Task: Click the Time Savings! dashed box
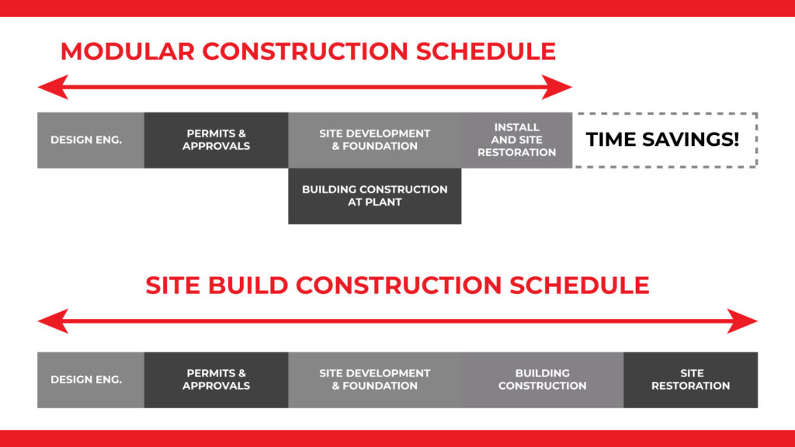tap(664, 140)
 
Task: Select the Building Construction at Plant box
tap(374, 196)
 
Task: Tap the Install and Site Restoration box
tap(516, 140)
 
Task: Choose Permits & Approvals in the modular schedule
tap(216, 140)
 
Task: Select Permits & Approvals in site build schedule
tap(216, 379)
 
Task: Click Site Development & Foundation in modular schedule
tap(374, 140)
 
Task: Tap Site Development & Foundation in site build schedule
tap(374, 379)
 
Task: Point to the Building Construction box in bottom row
tap(542, 379)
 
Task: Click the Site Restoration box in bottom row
tap(690, 379)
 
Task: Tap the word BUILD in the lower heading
tap(250, 285)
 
